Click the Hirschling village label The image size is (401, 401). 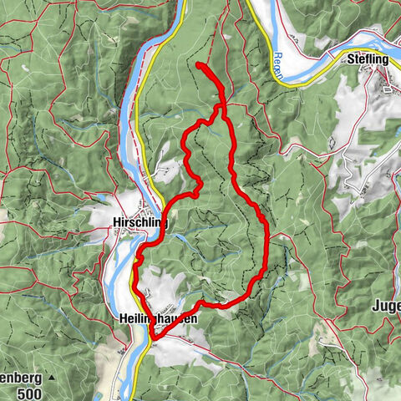pos(140,223)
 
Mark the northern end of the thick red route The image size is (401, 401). pos(198,64)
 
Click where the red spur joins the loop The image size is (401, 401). pos(221,107)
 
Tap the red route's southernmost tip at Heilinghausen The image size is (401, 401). pos(154,337)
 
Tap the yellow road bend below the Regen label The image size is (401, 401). pos(288,84)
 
